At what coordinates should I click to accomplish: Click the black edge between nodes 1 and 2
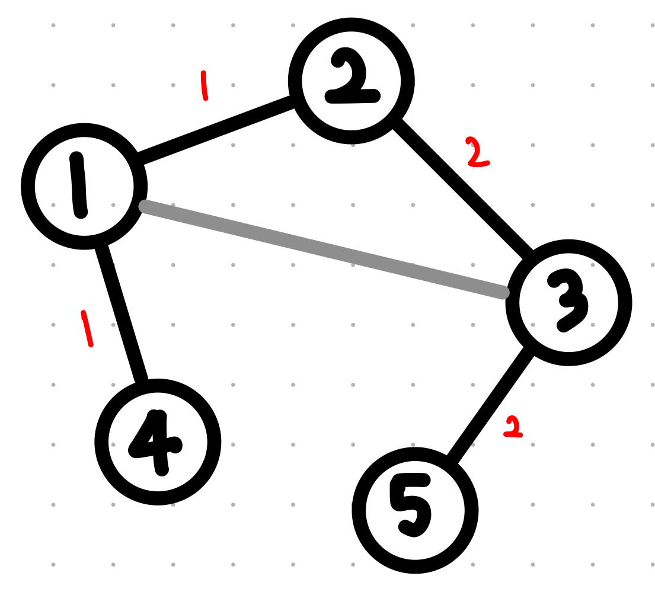tap(215, 131)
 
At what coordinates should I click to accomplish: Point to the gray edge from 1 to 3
tap(323, 249)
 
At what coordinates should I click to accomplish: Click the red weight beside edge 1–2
tap(205, 86)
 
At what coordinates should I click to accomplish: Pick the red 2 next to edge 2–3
tap(477, 152)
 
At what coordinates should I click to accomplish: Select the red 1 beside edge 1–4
tap(87, 328)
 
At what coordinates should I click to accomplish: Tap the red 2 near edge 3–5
tap(513, 427)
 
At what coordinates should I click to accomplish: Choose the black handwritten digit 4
tap(155, 442)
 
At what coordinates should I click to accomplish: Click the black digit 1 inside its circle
tap(79, 186)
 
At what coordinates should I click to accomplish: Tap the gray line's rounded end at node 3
tap(504, 292)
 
